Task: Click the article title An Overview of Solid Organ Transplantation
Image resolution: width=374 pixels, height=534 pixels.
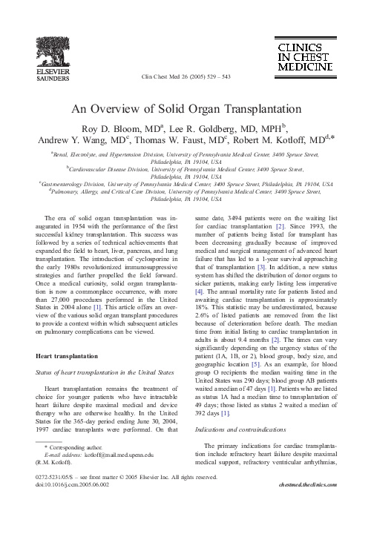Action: (186, 108)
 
